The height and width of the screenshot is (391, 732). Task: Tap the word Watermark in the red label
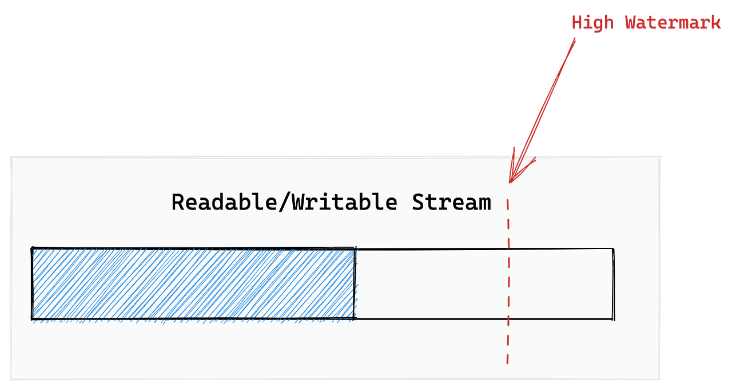click(671, 23)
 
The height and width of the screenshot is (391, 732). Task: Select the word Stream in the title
click(452, 203)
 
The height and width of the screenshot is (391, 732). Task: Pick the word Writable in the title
click(344, 203)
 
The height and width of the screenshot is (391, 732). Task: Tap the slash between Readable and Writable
click(284, 203)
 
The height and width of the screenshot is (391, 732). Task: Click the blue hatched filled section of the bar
click(193, 283)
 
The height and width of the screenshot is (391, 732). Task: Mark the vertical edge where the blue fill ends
click(355, 283)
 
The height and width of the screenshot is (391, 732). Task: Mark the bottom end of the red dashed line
click(507, 362)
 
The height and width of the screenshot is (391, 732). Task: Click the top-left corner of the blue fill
click(33, 249)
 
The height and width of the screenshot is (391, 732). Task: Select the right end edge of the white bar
click(614, 283)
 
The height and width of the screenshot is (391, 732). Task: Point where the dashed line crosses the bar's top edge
click(508, 249)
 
